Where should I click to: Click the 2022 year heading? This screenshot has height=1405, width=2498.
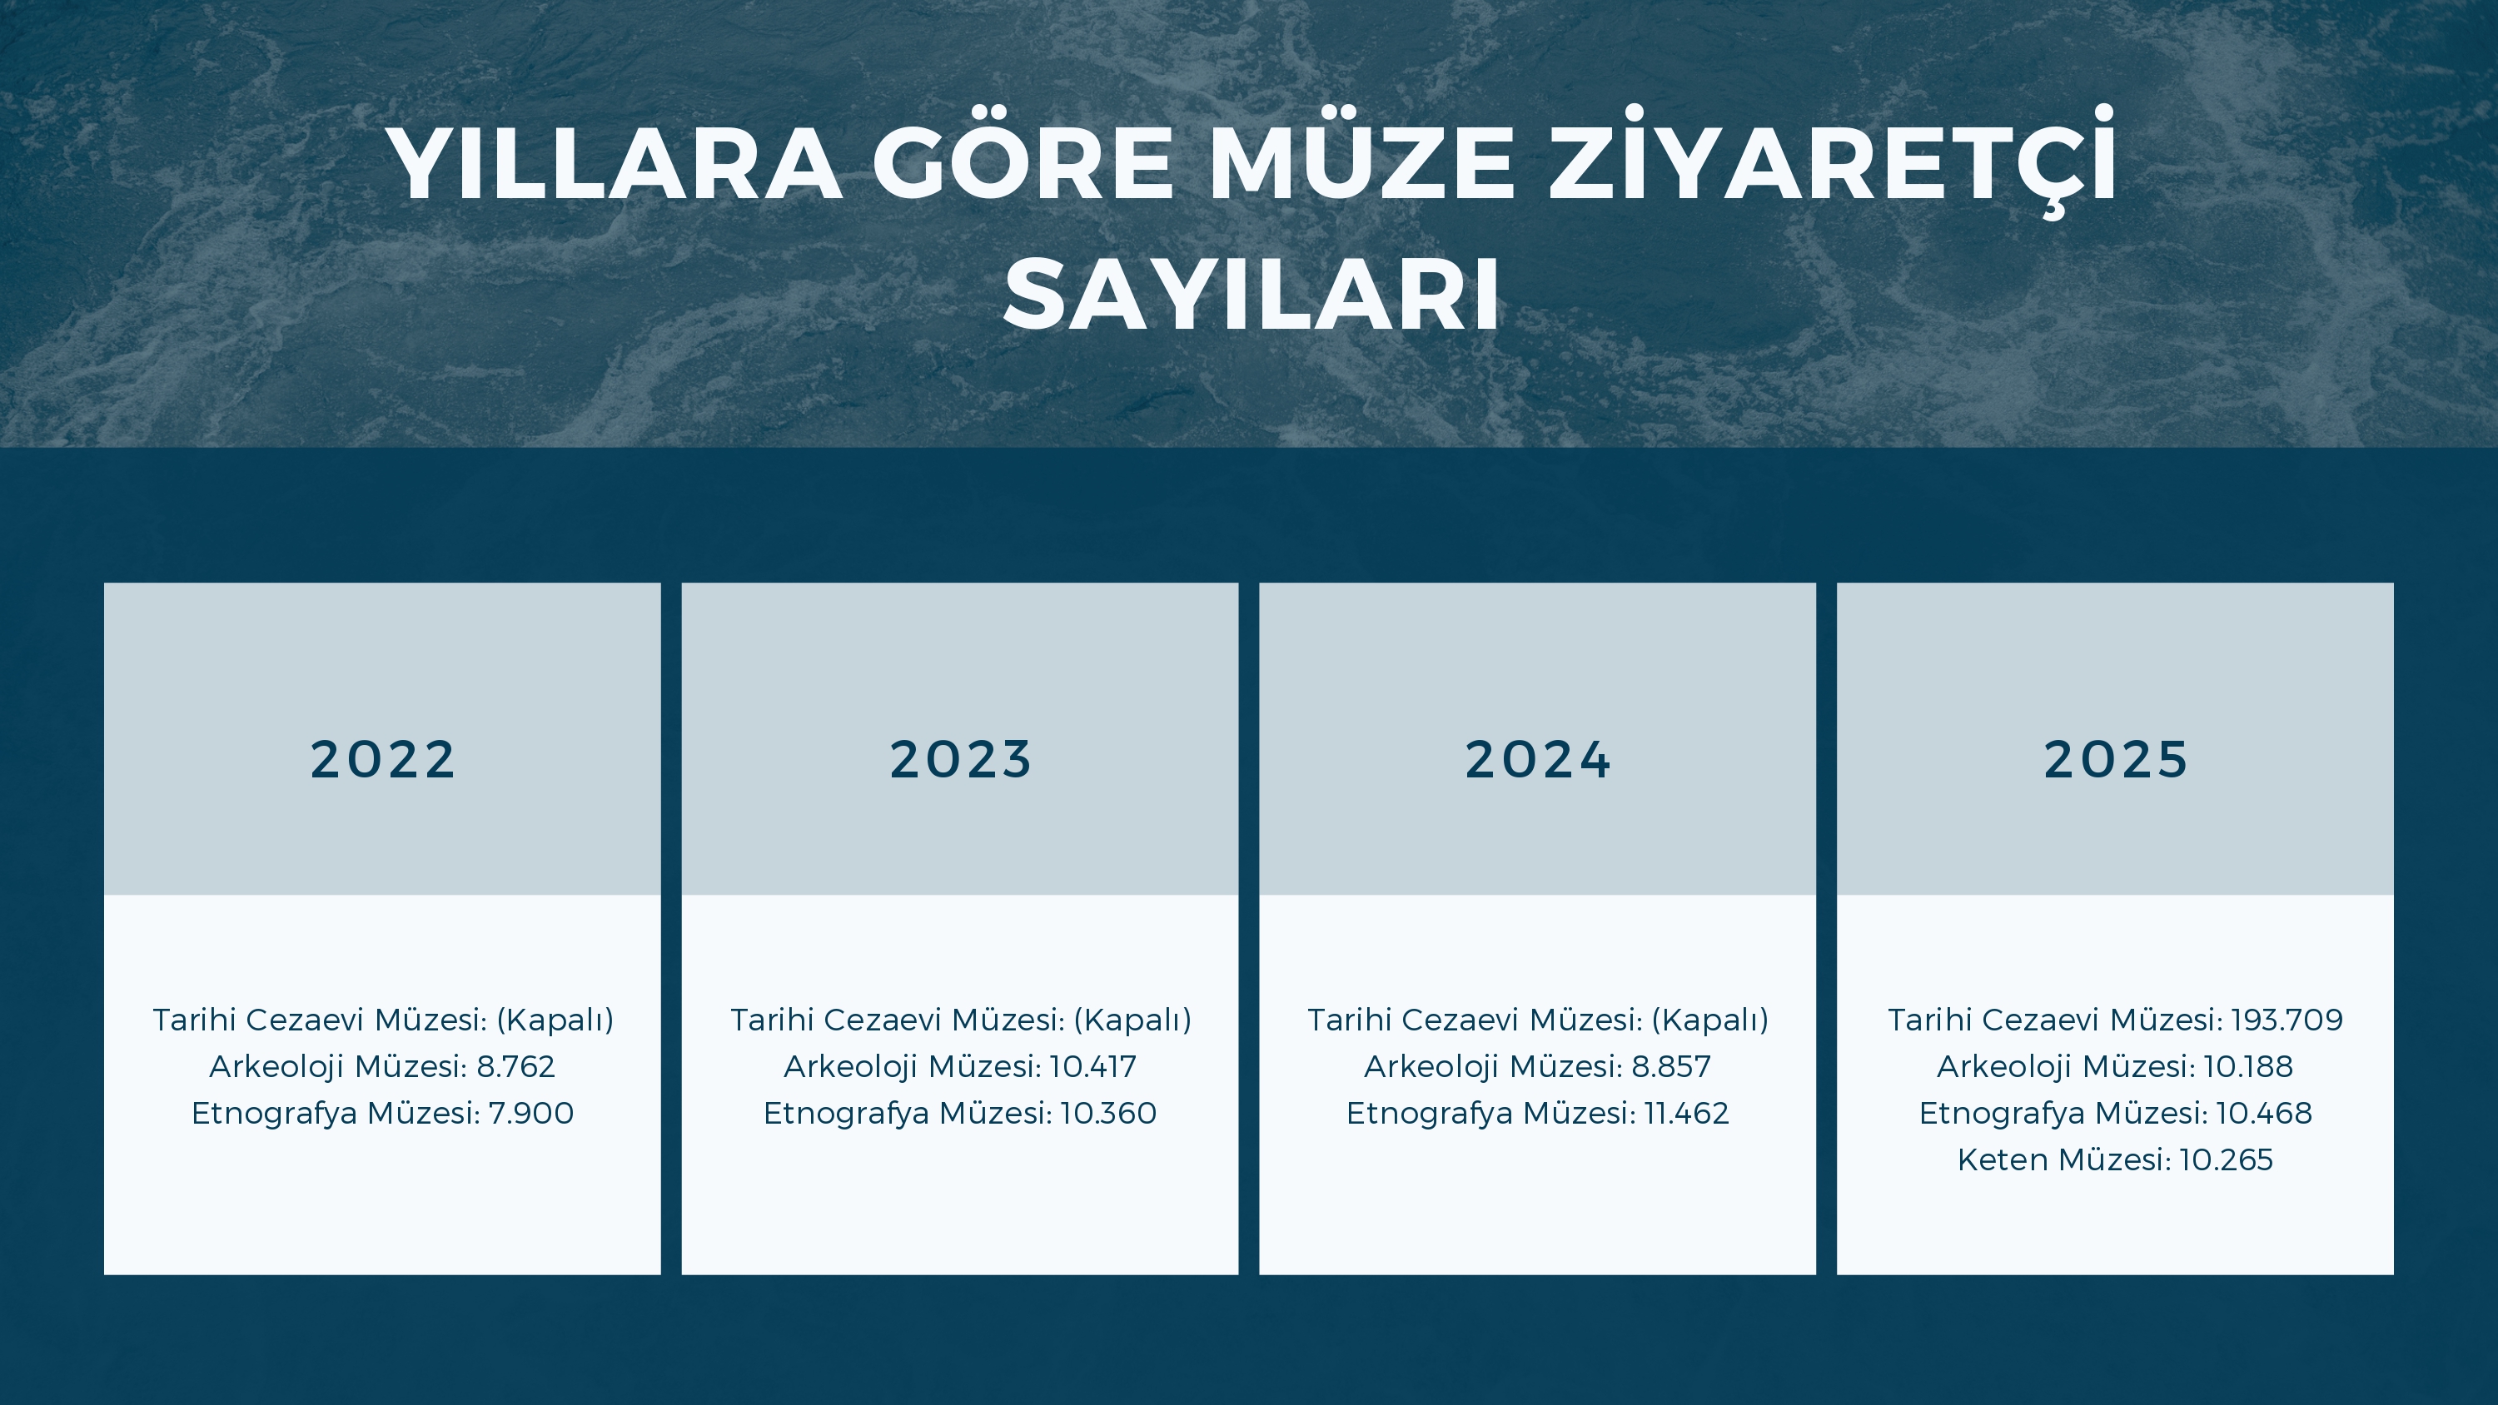(x=382, y=759)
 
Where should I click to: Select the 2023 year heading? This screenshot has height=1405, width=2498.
(x=960, y=759)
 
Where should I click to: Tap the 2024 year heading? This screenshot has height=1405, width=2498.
(x=1537, y=759)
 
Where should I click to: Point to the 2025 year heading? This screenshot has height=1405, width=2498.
(x=2115, y=759)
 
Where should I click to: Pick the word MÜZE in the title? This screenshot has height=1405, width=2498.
(x=1361, y=164)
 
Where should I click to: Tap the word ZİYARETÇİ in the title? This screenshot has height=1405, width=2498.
(x=1832, y=164)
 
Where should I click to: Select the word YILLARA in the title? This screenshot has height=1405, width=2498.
(x=614, y=164)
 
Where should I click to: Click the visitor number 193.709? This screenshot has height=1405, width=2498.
(x=2286, y=1020)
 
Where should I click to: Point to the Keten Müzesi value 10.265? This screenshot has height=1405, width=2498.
(x=2226, y=1159)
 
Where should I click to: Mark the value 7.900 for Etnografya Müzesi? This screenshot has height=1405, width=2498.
(x=530, y=1113)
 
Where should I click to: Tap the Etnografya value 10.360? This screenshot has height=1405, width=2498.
(x=1108, y=1113)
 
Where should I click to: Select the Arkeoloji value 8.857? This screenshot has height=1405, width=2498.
(x=1671, y=1066)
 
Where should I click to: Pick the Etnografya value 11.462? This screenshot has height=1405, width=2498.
(x=1686, y=1113)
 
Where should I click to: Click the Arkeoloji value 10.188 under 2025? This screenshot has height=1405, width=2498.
(x=2248, y=1066)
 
